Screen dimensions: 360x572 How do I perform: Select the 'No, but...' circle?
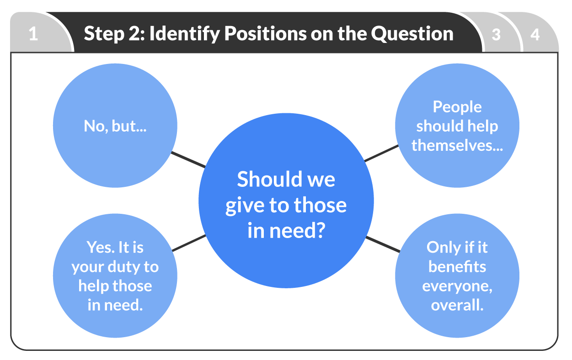click(115, 126)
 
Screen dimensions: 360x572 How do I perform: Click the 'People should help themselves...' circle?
click(457, 126)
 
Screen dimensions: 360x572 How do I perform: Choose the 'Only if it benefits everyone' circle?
click(457, 276)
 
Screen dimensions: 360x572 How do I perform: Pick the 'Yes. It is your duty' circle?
click(115, 276)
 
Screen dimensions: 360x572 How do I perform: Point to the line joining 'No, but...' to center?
click(188, 159)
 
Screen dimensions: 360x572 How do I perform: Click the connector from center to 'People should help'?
click(382, 154)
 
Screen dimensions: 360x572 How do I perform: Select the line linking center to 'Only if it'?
click(383, 244)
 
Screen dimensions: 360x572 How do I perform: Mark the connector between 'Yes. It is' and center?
click(188, 243)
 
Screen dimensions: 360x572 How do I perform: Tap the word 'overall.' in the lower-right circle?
click(457, 305)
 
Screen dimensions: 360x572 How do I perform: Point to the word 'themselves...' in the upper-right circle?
click(457, 145)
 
